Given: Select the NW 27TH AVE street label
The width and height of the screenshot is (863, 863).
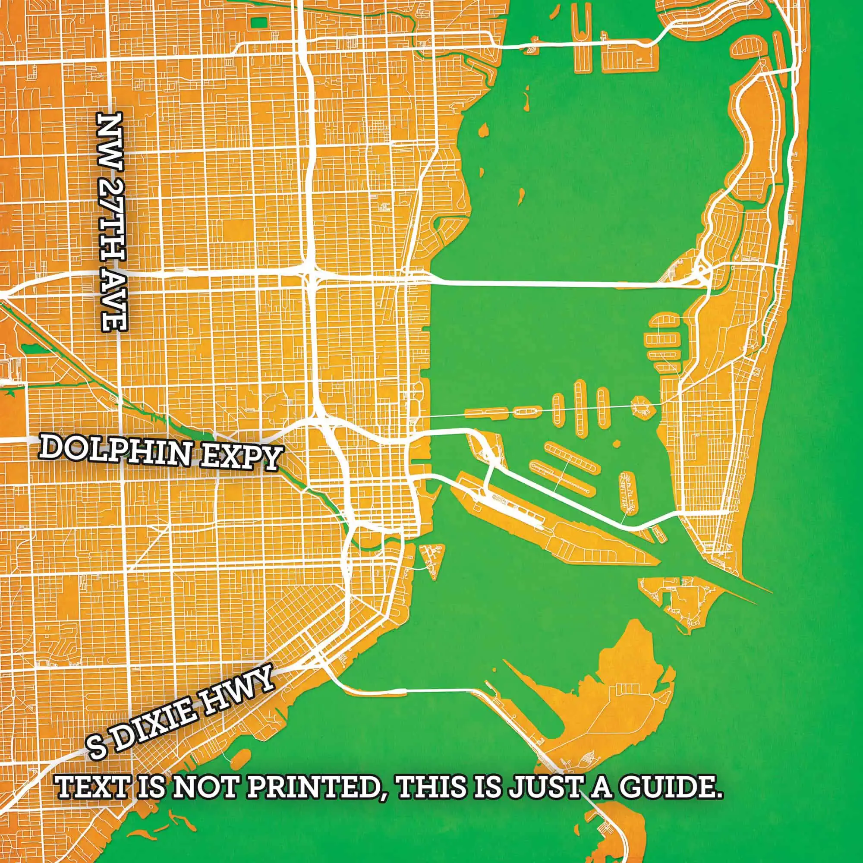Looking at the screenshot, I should tap(112, 222).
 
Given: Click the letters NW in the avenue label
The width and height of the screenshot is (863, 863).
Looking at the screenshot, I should tap(110, 137).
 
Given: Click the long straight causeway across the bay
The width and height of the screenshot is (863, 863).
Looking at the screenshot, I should tap(545, 283).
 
